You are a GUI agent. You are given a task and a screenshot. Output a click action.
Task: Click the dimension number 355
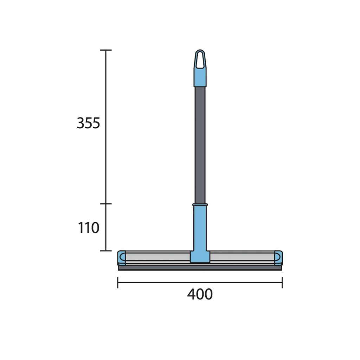coord(89,123)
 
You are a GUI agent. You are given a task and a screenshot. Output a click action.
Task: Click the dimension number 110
coord(89,228)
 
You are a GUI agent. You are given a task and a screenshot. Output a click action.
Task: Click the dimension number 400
coord(200,294)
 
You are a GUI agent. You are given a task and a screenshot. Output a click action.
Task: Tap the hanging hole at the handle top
coord(200,60)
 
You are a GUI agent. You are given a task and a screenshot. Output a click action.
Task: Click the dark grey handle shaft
coord(200,144)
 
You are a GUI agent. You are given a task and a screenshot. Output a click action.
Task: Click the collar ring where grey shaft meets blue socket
coord(200,204)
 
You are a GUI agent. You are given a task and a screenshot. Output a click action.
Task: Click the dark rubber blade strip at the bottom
coord(200,268)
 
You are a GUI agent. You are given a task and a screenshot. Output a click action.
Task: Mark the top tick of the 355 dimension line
coord(106,50)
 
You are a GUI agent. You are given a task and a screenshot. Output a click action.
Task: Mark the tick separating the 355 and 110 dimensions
coord(106,204)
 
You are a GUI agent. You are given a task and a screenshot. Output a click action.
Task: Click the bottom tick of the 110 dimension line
coord(106,251)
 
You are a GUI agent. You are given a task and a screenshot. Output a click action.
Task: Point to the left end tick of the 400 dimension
coord(118,282)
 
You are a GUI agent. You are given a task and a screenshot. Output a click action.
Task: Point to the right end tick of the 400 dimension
coord(282,282)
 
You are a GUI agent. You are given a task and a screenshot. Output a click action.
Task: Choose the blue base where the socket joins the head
coord(200,257)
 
